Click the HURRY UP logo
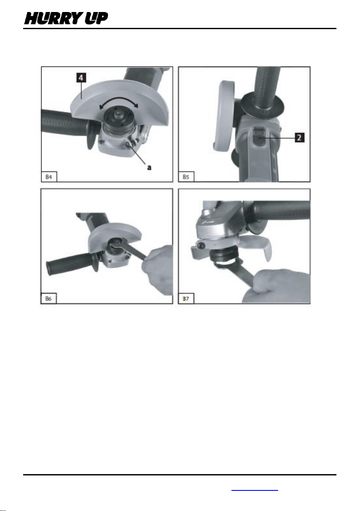pyautogui.click(x=66, y=18)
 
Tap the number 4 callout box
pyautogui.click(x=81, y=78)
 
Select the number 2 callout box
pyautogui.click(x=300, y=138)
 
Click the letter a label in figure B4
pyautogui.click(x=149, y=168)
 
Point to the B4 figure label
pyautogui.click(x=49, y=177)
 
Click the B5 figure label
pyautogui.click(x=186, y=177)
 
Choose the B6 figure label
pyautogui.click(x=48, y=298)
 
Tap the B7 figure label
pyautogui.click(x=186, y=298)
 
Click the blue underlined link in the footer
pyautogui.click(x=255, y=490)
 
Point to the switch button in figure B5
pyautogui.click(x=260, y=138)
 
